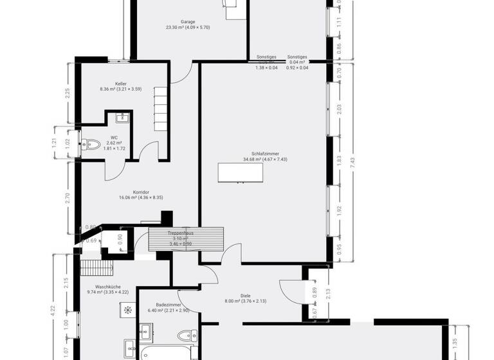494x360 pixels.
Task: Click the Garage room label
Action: [188, 21]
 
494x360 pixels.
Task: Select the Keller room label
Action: [120, 84]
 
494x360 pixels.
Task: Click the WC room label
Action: [114, 137]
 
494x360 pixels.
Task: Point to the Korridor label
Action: [141, 192]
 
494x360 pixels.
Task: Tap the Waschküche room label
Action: [108, 287]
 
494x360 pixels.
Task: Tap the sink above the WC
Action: [120, 118]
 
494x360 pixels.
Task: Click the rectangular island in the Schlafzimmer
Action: [240, 173]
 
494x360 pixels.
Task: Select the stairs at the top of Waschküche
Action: [96, 267]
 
